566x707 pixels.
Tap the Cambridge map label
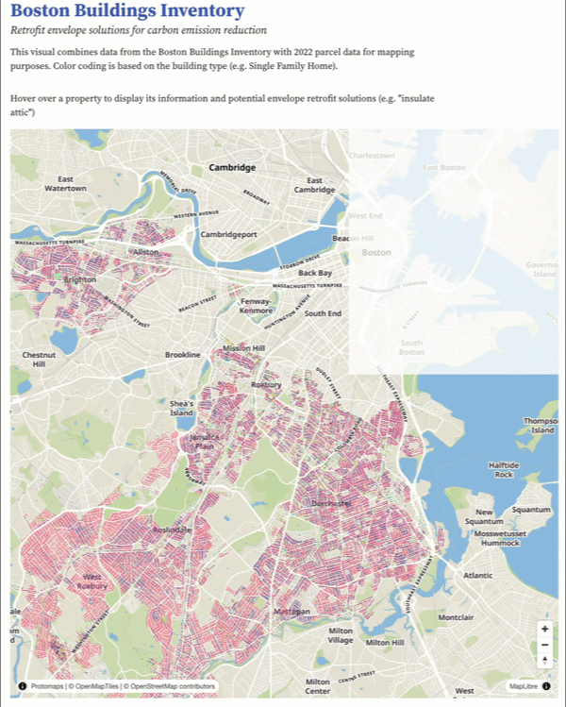click(x=232, y=167)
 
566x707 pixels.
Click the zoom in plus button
click(x=544, y=629)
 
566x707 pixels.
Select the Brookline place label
click(x=183, y=355)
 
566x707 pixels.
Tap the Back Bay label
click(x=315, y=273)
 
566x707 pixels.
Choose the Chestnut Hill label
click(x=39, y=360)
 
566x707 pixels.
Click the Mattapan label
click(x=291, y=612)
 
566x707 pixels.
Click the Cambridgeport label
click(x=227, y=233)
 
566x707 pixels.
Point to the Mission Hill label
click(x=242, y=348)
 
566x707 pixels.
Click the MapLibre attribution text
click(x=524, y=686)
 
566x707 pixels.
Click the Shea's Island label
click(x=181, y=408)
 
